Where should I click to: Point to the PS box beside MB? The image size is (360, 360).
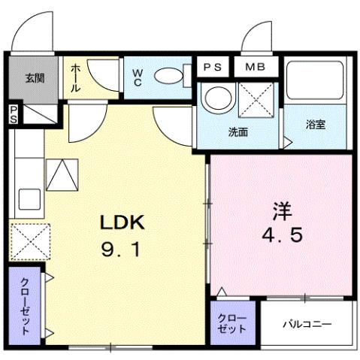(213, 66)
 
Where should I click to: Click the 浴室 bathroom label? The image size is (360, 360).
(315, 125)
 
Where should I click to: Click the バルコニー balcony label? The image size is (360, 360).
(307, 324)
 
